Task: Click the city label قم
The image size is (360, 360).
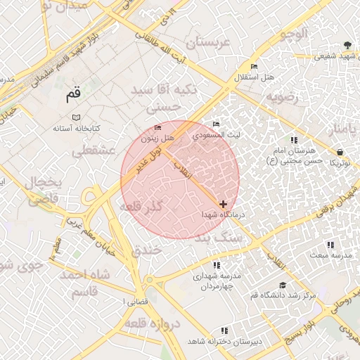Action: click(73, 94)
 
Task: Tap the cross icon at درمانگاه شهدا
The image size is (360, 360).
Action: click(224, 204)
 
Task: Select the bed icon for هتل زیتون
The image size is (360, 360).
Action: click(157, 128)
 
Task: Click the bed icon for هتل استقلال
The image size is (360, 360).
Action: click(254, 67)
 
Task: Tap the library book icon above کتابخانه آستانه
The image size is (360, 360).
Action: click(76, 117)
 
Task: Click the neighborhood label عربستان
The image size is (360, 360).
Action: click(207, 43)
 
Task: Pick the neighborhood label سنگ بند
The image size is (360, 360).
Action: click(219, 239)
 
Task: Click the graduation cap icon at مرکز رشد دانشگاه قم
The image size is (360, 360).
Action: click(283, 285)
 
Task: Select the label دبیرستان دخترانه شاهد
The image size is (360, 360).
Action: click(224, 340)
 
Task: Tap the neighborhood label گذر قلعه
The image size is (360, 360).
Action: click(141, 207)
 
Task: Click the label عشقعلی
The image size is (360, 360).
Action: click(89, 150)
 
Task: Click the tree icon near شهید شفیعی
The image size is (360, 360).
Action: click(347, 46)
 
